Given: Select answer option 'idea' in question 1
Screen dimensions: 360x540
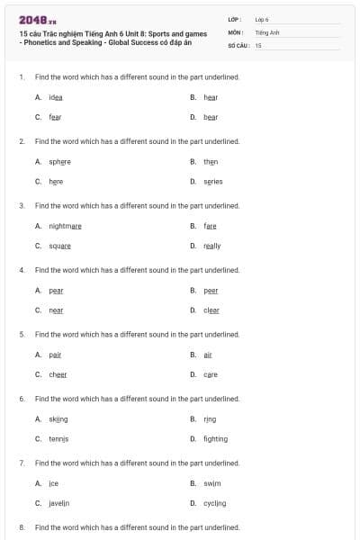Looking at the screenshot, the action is click(56, 96).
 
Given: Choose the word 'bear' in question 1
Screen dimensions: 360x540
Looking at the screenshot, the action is click(211, 117).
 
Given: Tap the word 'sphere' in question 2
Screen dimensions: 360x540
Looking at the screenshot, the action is click(59, 162).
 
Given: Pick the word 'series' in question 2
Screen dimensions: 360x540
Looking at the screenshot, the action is click(212, 181).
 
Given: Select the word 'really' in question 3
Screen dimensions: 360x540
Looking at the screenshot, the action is click(212, 246).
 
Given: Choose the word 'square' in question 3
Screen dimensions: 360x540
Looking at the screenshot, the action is click(59, 246).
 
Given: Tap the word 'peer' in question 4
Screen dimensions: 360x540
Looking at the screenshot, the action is click(211, 291).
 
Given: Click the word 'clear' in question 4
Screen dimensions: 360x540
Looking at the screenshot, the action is click(211, 310).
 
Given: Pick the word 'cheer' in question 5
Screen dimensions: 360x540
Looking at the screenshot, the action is click(58, 374).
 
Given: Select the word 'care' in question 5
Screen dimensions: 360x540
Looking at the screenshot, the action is click(211, 374).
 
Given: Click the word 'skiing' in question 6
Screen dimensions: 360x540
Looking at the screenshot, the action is click(58, 419).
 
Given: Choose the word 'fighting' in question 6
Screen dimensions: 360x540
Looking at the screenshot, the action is click(215, 439).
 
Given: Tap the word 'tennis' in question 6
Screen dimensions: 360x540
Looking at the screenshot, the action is click(58, 439).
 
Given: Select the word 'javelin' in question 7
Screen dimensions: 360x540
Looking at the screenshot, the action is click(59, 503).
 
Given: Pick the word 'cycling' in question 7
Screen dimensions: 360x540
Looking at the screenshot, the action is click(214, 503).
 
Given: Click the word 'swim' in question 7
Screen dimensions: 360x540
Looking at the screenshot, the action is click(211, 483).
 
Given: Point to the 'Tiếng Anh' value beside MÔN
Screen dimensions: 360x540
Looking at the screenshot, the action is click(267, 31).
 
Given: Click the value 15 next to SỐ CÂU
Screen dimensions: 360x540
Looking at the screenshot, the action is click(258, 44).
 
